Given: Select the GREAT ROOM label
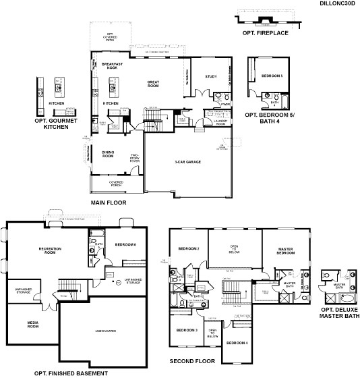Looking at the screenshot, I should pos(153,84).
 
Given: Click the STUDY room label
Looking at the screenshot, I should pos(211,76).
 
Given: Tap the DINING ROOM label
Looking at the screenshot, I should pos(108,154).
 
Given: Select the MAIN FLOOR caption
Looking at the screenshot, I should pos(108,202).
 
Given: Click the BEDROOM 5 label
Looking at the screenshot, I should pos(272,76).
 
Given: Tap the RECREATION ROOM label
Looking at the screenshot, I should pos(51,250).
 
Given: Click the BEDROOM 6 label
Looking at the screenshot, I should pos(125,244).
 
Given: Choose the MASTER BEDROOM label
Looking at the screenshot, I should pos(285,252).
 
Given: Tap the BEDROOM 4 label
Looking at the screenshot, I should pos(237,344).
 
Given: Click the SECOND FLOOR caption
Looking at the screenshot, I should pos(191,361).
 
